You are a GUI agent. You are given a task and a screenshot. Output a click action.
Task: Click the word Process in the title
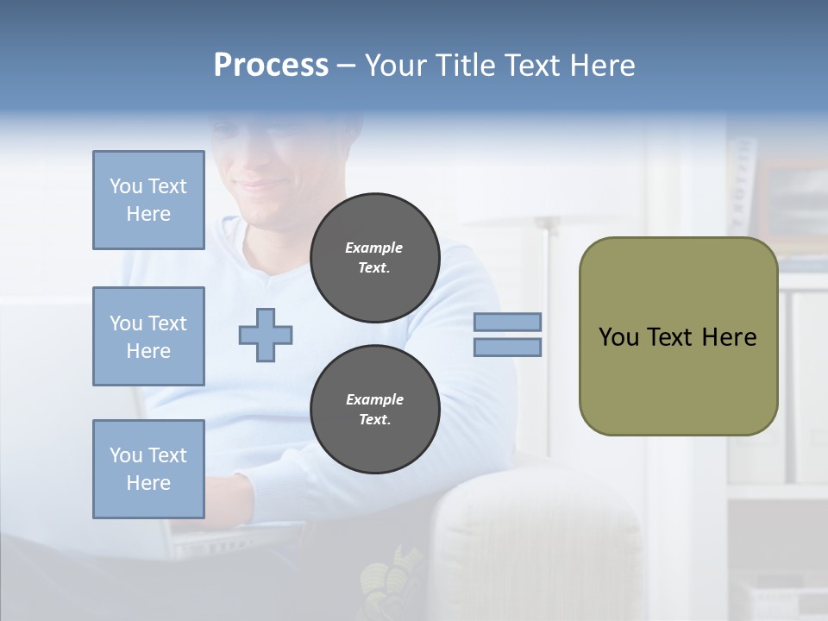[271, 65]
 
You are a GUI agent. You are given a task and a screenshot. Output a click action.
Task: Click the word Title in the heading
[465, 65]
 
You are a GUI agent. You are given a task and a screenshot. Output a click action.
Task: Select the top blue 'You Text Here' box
[148, 200]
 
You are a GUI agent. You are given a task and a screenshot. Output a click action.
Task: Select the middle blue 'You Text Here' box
[148, 336]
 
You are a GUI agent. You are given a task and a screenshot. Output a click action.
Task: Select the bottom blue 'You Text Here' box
[148, 469]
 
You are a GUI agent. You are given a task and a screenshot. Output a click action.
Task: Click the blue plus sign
[266, 335]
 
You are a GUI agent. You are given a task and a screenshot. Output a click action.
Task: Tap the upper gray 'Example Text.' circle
[375, 258]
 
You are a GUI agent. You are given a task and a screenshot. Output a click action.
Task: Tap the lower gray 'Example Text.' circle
[375, 410]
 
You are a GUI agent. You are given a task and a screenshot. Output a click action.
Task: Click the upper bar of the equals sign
[508, 322]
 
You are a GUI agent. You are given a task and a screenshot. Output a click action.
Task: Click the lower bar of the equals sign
[508, 347]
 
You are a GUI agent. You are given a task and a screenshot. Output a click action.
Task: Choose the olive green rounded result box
[678, 336]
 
